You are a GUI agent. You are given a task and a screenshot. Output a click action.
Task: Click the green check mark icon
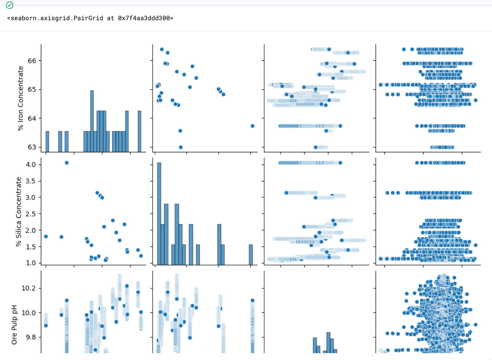(x=10, y=5)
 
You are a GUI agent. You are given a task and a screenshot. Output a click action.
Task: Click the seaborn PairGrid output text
(x=90, y=18)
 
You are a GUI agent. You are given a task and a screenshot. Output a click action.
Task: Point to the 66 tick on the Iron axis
(x=32, y=61)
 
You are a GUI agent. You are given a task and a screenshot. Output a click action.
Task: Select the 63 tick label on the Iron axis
(x=32, y=147)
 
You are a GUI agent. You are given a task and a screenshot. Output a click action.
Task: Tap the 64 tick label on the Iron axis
(x=32, y=118)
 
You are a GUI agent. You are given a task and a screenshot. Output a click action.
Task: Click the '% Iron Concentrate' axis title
(x=21, y=98)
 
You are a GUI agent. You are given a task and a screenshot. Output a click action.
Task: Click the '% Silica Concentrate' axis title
(x=19, y=212)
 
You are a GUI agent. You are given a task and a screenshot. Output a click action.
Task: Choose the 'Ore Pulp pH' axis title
(x=14, y=324)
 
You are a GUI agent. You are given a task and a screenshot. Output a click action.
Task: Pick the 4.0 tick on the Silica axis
(x=31, y=165)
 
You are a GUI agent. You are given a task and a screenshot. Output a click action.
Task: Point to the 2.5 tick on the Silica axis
(x=31, y=214)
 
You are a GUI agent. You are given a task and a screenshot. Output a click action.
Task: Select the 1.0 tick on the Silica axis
(x=31, y=263)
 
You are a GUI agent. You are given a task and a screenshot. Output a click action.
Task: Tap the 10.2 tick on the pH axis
(x=29, y=288)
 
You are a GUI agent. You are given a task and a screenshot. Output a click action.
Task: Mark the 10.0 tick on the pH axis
(x=29, y=313)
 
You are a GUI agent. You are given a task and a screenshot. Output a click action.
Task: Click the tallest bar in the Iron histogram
(x=92, y=121)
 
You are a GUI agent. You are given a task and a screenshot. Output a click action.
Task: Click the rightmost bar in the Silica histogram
(x=251, y=255)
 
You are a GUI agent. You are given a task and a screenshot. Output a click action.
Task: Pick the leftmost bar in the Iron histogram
(x=47, y=142)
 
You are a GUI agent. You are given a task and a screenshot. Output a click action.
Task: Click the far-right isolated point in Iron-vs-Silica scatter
(x=253, y=126)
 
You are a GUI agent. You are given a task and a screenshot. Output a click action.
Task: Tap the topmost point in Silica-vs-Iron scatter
(x=67, y=163)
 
